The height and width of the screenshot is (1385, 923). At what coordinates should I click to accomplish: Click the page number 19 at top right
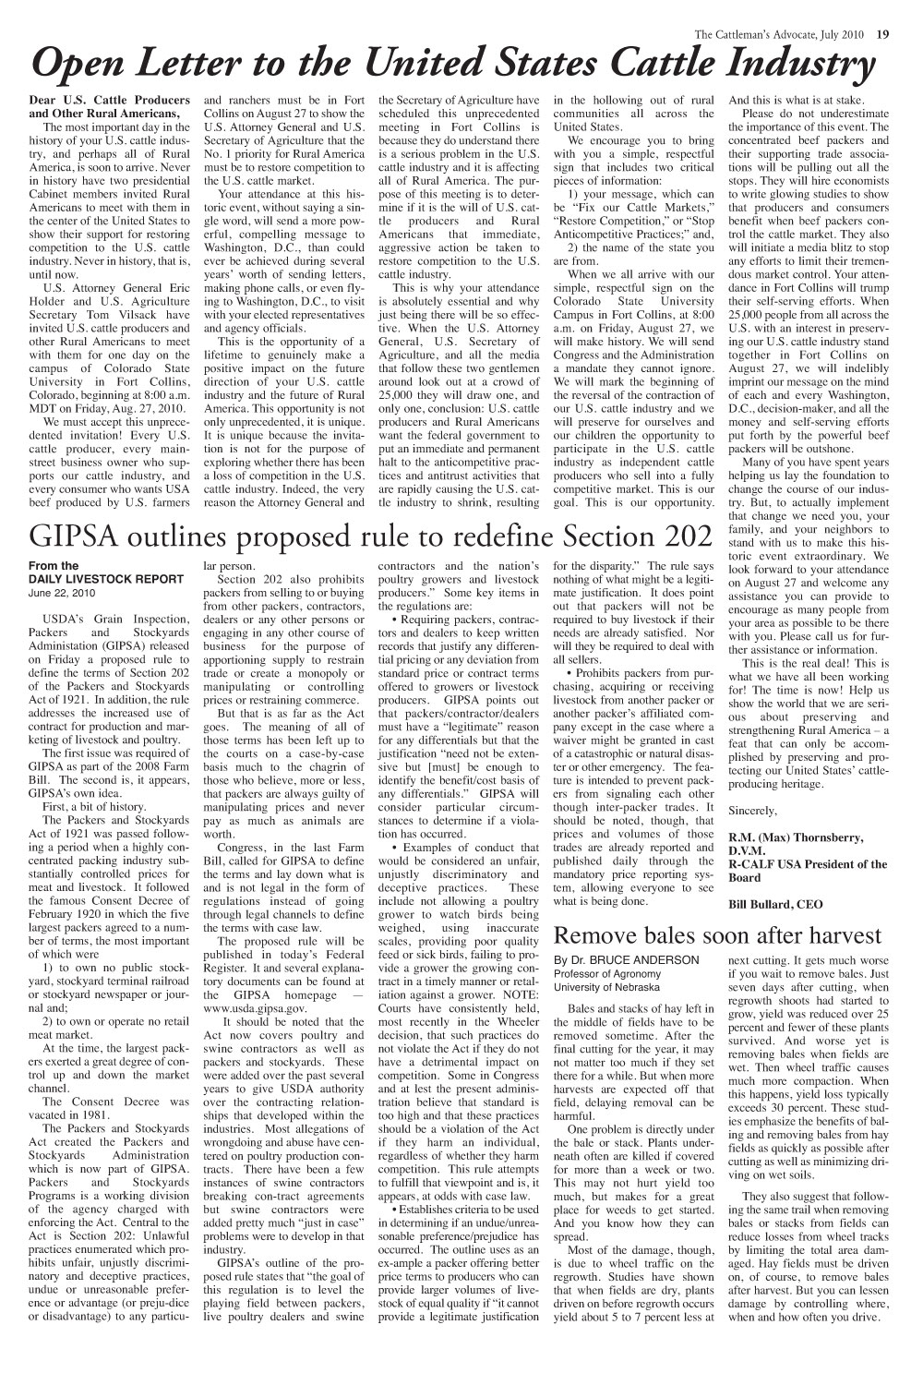(x=883, y=36)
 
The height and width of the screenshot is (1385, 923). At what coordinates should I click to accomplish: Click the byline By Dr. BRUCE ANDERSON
(x=625, y=959)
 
